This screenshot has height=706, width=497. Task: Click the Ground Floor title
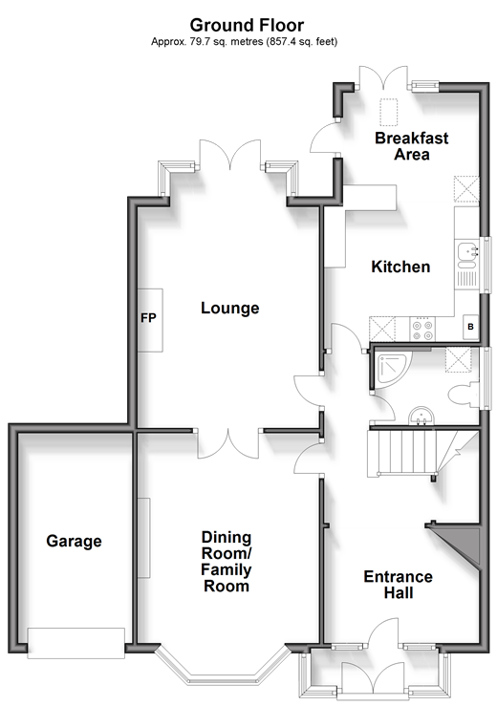[247, 25]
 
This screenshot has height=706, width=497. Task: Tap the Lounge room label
[229, 308]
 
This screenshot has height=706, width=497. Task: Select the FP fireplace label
[148, 318]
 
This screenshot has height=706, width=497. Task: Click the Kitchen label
[400, 267]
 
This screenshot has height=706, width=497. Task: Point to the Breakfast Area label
[411, 146]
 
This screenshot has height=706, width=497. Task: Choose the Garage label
[74, 541]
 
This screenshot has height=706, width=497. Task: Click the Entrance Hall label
[399, 585]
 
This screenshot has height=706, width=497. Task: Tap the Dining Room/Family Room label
[227, 562]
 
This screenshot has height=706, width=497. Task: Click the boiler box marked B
[471, 327]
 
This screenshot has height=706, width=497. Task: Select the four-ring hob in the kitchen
[422, 330]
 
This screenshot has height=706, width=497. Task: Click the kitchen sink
[466, 251]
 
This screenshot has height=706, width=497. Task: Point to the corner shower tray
[392, 369]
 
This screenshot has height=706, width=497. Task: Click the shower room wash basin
[421, 416]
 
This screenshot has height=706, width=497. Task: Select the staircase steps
[412, 452]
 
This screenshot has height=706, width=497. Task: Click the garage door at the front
[76, 643]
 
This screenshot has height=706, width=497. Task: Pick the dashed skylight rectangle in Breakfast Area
[388, 112]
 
